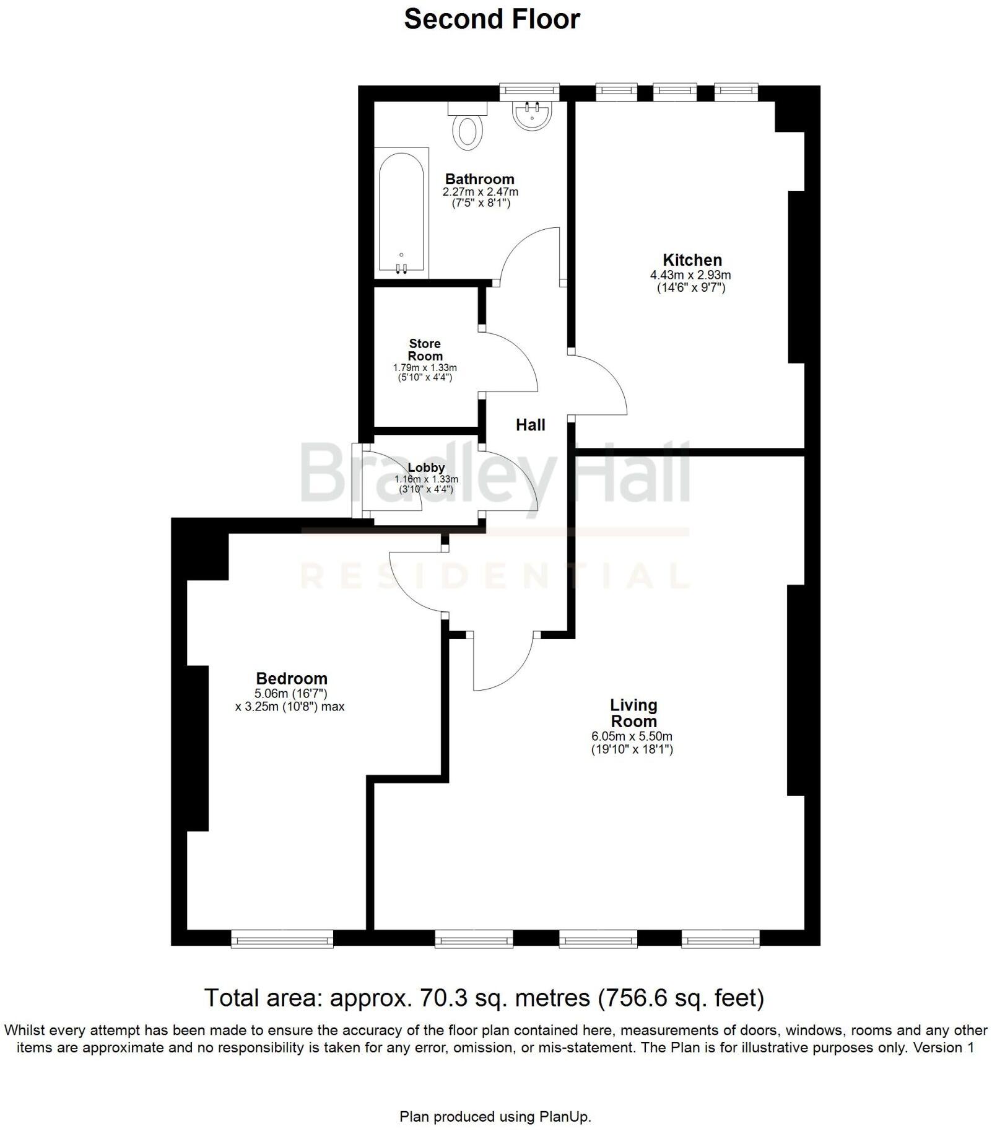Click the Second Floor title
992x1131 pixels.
(492, 19)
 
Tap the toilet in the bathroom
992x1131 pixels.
(468, 128)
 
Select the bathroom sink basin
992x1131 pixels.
(532, 116)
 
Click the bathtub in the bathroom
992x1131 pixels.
(401, 212)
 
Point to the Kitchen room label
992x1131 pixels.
(692, 260)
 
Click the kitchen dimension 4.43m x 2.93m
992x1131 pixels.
(690, 275)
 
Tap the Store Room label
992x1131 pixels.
(425, 350)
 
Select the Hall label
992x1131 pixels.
(531, 425)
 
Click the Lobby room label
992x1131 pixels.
(426, 468)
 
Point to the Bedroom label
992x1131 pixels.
(291, 678)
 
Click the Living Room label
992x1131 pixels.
(633, 713)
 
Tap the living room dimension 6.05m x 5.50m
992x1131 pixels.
(632, 736)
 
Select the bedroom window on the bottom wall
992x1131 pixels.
(282, 939)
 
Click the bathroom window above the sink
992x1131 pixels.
(529, 92)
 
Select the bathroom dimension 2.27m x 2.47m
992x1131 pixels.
(480, 192)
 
